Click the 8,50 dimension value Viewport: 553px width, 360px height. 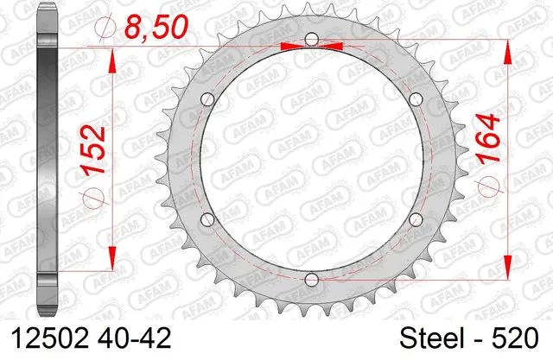156,27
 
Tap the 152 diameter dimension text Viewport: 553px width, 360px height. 93,149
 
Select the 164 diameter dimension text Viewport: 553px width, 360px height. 487,138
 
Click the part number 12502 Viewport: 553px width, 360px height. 50,338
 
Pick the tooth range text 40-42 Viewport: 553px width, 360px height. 134,338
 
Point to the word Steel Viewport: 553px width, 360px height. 431,338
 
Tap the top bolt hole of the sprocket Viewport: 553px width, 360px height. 311,39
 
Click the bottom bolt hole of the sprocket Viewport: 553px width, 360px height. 311,280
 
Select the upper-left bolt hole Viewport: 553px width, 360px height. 207,99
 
